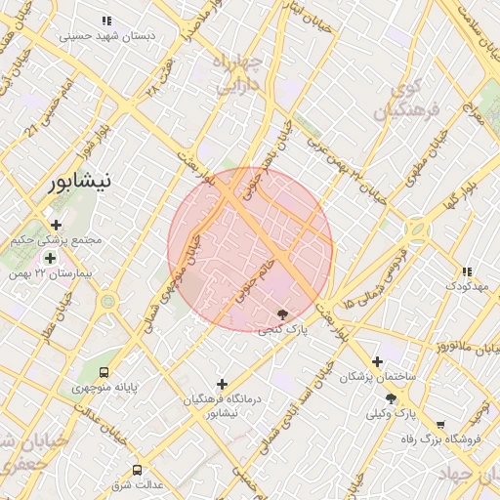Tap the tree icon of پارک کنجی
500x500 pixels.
[x=283, y=314]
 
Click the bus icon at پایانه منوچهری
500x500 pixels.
[x=104, y=371]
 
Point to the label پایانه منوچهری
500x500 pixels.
[x=104, y=388]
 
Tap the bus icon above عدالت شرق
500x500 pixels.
[x=137, y=470]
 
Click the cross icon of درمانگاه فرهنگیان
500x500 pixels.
[x=222, y=384]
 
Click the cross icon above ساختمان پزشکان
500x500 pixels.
[x=377, y=361]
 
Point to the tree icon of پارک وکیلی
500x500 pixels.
[x=391, y=398]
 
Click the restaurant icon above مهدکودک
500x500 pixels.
[x=467, y=271]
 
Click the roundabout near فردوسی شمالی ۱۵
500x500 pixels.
[x=418, y=231]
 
